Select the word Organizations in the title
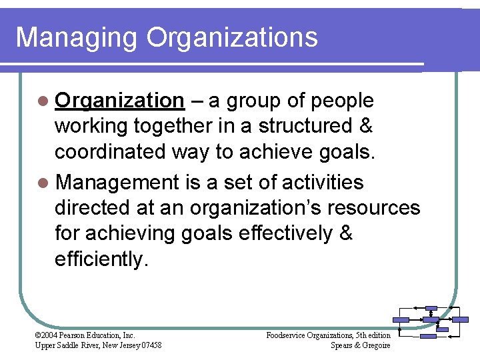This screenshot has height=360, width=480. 232,38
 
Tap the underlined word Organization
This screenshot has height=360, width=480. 119,101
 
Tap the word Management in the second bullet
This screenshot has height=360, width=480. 118,182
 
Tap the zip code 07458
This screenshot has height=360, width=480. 148,345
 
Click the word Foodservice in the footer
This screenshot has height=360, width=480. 287,335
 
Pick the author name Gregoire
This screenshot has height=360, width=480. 375,345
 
